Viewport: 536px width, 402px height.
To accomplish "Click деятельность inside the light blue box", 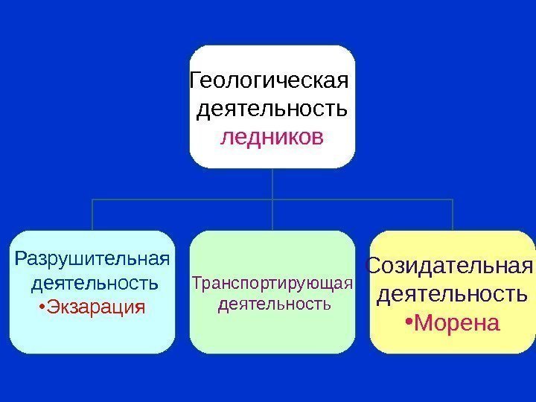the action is [x=95, y=284].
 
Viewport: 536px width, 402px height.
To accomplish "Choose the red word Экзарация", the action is [x=96, y=307].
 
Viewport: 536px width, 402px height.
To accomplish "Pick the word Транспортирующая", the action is [x=272, y=283].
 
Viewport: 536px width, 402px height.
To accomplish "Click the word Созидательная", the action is [x=451, y=266].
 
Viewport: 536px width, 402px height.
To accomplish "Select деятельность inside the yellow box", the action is [x=452, y=294].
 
